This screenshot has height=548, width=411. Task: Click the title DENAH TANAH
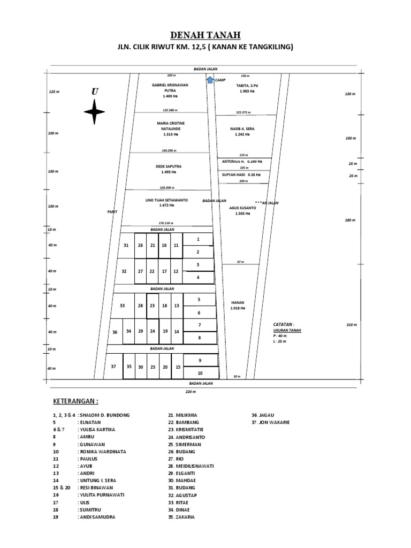[205, 35]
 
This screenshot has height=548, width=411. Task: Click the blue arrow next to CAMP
[209, 80]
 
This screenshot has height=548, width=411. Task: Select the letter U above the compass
[95, 92]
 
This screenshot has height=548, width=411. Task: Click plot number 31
[126, 245]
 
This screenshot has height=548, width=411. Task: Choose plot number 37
[113, 367]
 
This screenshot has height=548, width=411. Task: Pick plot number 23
[152, 306]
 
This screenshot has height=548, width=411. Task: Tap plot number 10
[200, 373]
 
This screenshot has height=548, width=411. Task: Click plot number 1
[198, 239]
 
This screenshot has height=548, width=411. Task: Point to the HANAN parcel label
[238, 302]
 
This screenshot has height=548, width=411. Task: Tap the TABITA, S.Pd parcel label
[247, 86]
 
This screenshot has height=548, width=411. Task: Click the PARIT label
[112, 212]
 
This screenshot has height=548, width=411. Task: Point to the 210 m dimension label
[351, 325]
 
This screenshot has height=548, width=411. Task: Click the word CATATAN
[283, 324]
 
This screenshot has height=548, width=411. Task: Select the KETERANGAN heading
[75, 401]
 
